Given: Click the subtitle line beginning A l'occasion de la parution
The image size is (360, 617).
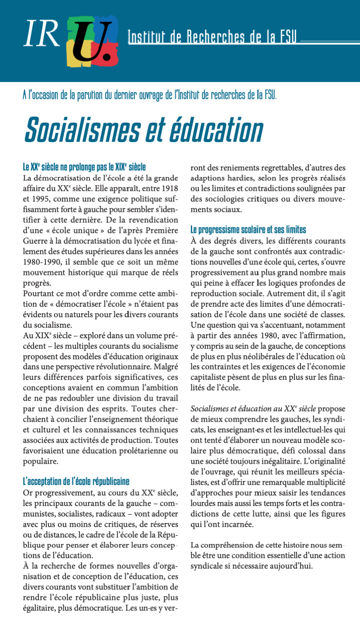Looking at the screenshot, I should pos(149,95).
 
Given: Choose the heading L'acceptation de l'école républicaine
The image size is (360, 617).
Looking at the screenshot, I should pos(76,482).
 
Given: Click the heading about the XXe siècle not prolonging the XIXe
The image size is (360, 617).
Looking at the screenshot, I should pos(84,167).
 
